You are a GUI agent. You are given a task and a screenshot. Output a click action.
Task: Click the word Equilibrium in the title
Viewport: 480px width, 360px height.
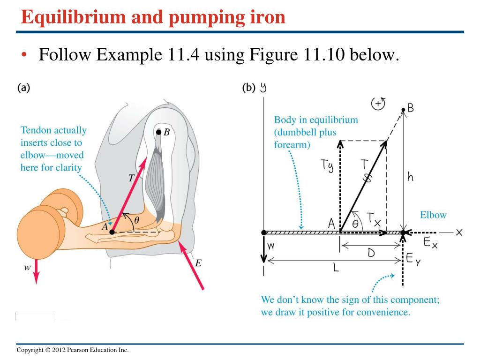73,17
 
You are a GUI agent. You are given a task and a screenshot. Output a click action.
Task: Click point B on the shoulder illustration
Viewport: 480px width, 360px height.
158,132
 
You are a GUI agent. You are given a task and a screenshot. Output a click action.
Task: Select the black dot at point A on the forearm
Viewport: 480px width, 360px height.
112,232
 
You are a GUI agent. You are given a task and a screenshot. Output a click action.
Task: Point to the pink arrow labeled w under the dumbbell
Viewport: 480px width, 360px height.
37,271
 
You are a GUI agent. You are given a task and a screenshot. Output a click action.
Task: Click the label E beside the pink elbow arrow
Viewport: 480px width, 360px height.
198,263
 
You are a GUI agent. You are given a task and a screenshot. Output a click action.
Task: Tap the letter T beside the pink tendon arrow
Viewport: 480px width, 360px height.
131,178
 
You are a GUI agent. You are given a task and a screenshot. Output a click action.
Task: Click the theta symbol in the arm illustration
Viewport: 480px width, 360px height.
136,220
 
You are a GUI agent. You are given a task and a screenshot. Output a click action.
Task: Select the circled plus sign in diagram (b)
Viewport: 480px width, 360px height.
378,104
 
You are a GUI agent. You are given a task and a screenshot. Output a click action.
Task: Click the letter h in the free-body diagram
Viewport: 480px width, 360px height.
410,176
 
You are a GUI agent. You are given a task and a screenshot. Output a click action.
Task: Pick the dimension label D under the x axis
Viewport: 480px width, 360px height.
371,253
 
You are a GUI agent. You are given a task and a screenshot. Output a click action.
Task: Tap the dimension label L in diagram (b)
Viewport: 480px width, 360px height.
336,268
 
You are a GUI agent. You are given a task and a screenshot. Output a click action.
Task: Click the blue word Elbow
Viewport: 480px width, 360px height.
433,215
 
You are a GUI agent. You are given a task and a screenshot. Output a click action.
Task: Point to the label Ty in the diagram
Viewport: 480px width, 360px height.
327,165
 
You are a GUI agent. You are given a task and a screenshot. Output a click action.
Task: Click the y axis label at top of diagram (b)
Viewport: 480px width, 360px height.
263,88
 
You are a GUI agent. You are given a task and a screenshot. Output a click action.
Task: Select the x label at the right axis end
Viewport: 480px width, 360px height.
458,232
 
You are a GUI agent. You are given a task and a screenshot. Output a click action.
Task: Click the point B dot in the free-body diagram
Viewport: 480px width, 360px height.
403,110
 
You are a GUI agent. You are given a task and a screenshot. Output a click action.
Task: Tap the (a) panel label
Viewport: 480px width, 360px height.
23,88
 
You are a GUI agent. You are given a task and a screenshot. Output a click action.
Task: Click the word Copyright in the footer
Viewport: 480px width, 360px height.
30,350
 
